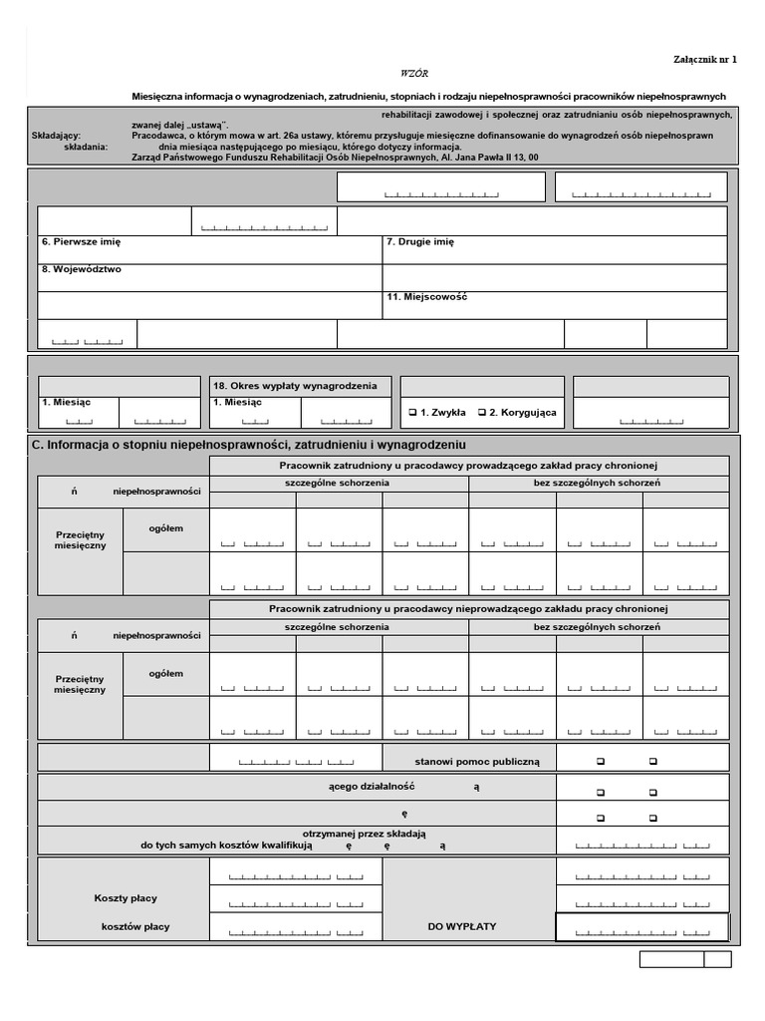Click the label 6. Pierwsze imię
(81, 242)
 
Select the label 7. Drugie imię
(419, 242)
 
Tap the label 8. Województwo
(82, 269)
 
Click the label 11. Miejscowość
(426, 297)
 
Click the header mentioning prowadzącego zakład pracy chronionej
(468, 466)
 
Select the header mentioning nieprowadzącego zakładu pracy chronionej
(468, 608)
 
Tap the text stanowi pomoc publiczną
(477, 762)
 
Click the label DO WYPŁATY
(462, 926)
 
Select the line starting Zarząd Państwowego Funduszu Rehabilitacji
(335, 158)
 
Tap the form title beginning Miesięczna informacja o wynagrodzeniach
(429, 97)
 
